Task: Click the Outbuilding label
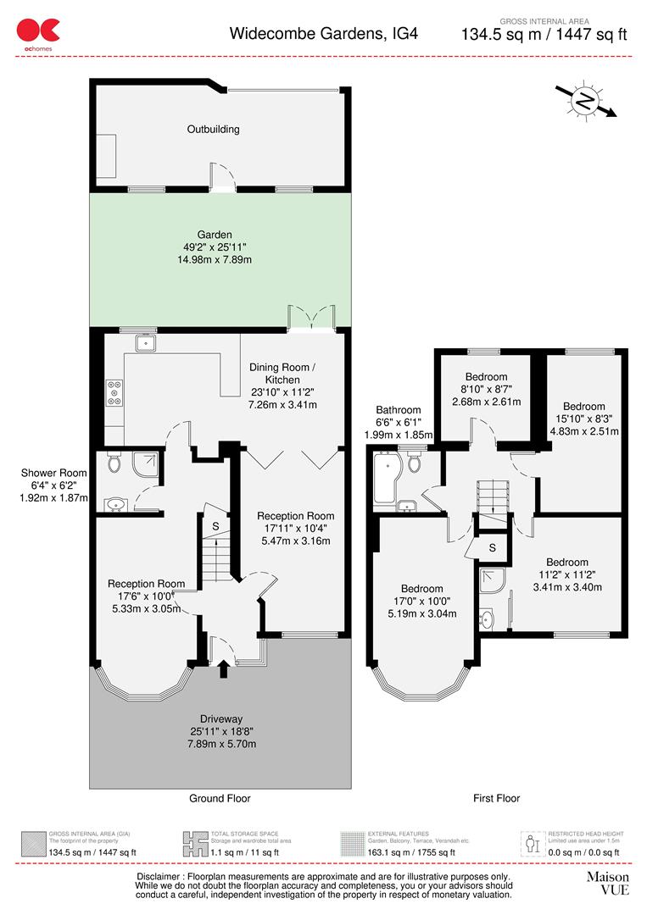[213, 130]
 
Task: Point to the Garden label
[213, 236]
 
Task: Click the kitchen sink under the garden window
[145, 342]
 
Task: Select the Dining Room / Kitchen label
[282, 374]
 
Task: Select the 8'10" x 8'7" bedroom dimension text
[486, 390]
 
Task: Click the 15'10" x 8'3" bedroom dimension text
[584, 419]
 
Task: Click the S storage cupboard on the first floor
[492, 547]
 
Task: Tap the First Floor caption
[496, 798]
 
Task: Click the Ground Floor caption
[219, 798]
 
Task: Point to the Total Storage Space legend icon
[195, 843]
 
